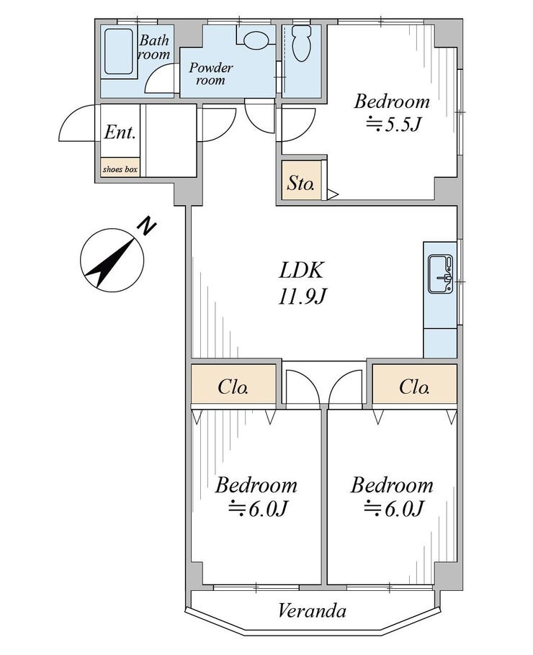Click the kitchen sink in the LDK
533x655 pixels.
coord(439,274)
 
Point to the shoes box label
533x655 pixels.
coord(120,170)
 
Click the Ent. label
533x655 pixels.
coord(120,132)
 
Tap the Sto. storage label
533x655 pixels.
coord(301,183)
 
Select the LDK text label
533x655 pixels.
coord(303,271)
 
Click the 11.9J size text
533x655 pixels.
coord(303,296)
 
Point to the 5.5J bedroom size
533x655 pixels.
coord(393,125)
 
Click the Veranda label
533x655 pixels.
coord(313,612)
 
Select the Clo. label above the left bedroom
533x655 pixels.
coord(233,387)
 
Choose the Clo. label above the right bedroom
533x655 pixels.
coord(414,387)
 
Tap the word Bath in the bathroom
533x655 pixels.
coord(153,40)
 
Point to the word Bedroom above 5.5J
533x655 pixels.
coord(392,101)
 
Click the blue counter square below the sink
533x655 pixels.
coord(439,343)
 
